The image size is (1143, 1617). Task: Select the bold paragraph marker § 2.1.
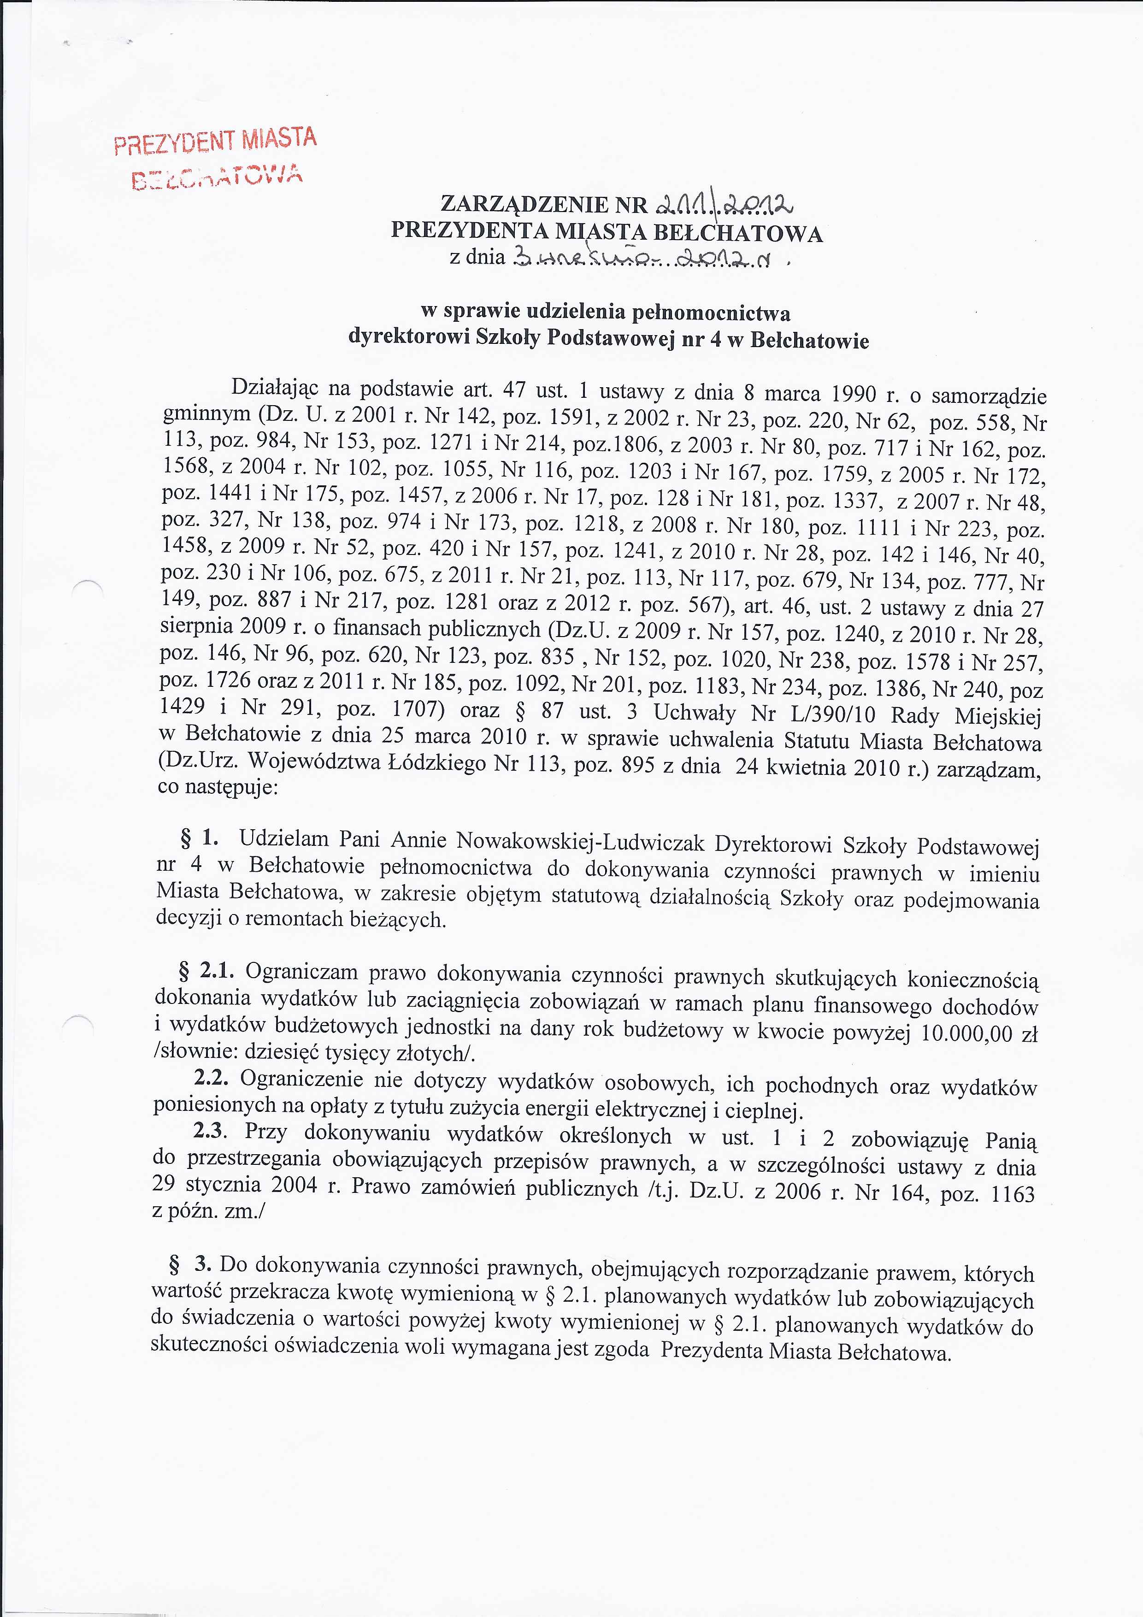pos(206,971)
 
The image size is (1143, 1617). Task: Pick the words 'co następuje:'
pos(218,787)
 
